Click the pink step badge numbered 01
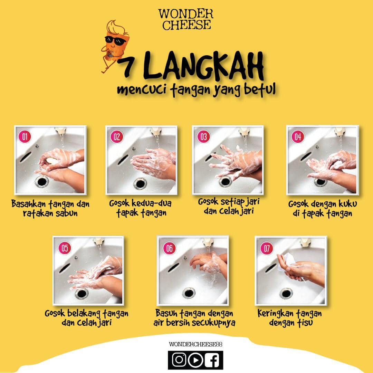(x=25, y=136)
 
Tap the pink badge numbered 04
(x=298, y=136)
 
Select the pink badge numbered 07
(x=266, y=248)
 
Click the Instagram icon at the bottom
(x=179, y=360)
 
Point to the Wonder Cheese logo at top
(x=185, y=19)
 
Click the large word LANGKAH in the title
(x=203, y=65)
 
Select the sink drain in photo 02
(x=140, y=184)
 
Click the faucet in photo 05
(x=98, y=242)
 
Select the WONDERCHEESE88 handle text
(x=195, y=344)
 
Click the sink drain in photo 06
(x=189, y=293)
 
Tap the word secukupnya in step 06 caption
(x=214, y=323)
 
